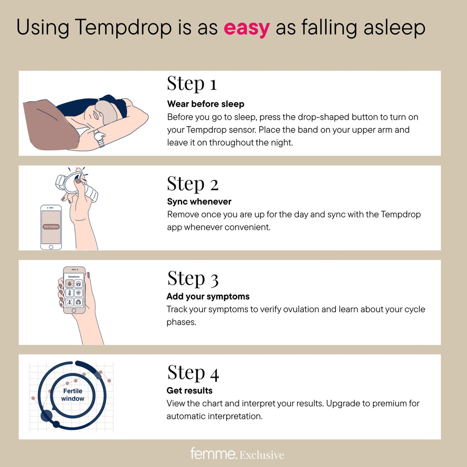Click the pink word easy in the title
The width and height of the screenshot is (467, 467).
pos(246,29)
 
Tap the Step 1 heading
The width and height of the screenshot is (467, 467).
pos(192,83)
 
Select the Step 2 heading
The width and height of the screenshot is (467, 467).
pos(192,184)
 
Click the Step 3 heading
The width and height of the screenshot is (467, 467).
pos(192,278)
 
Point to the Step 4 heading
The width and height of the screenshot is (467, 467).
pos(193,373)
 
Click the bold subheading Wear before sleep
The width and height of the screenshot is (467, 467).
pos(205,104)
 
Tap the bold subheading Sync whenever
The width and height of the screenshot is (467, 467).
pos(199,202)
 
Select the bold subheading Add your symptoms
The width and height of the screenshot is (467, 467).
pos(208,297)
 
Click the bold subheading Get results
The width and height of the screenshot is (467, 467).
pos(189,390)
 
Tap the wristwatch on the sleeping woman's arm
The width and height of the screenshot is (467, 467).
pos(99,138)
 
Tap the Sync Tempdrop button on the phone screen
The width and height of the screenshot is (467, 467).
pos(51,227)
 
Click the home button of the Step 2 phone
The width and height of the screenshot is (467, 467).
pos(51,246)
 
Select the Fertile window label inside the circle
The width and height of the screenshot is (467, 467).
pos(73,394)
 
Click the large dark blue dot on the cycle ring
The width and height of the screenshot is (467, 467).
pos(46,416)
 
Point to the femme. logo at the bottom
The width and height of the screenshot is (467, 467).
pos(214,454)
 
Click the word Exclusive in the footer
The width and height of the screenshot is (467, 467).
pos(262,455)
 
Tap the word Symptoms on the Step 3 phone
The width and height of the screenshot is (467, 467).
pos(74,276)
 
